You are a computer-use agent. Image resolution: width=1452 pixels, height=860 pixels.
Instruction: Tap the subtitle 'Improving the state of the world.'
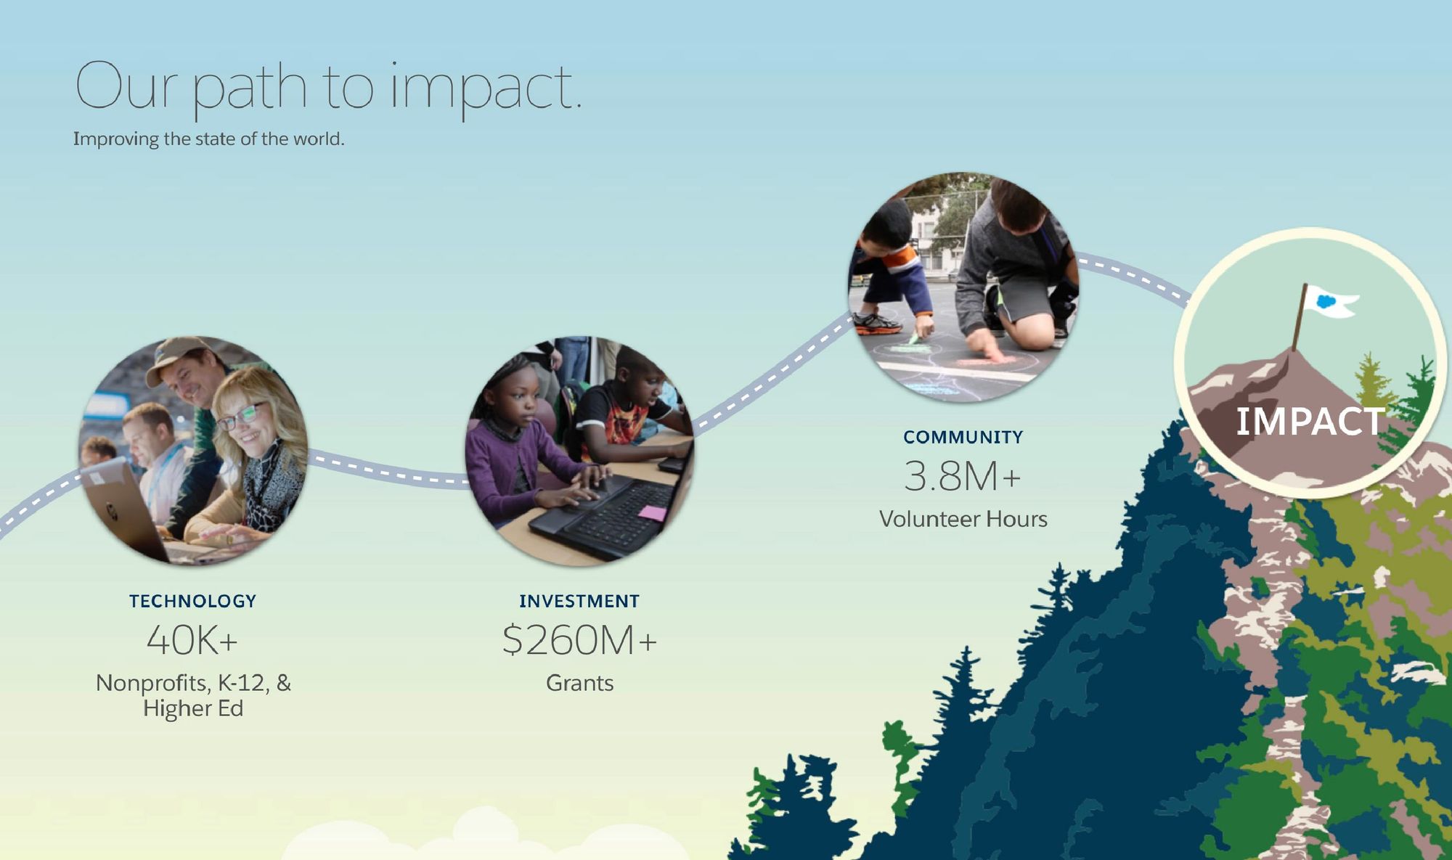pyautogui.click(x=208, y=139)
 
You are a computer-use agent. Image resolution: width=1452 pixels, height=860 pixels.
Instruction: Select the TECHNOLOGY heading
pyautogui.click(x=193, y=601)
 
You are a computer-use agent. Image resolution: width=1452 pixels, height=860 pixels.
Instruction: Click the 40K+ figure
pyautogui.click(x=192, y=640)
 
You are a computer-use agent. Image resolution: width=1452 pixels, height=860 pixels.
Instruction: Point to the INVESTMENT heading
pyautogui.click(x=579, y=601)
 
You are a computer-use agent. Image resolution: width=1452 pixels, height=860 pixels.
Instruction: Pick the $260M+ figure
pyautogui.click(x=579, y=640)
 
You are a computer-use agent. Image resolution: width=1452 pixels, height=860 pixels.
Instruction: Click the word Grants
pyautogui.click(x=580, y=683)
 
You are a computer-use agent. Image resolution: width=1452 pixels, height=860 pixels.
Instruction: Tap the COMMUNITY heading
pyautogui.click(x=963, y=437)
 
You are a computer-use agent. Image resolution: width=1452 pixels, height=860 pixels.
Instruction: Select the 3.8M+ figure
pyautogui.click(x=963, y=476)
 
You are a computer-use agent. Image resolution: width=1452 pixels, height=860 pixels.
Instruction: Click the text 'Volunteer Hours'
pyautogui.click(x=963, y=519)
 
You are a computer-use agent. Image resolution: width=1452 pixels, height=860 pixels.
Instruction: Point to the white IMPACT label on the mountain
pyautogui.click(x=1310, y=422)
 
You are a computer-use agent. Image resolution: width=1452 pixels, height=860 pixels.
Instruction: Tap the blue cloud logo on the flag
pyautogui.click(x=1326, y=300)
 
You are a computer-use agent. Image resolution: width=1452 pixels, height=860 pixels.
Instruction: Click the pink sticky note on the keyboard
pyautogui.click(x=651, y=513)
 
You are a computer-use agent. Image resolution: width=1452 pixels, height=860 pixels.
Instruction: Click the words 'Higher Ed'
pyautogui.click(x=193, y=708)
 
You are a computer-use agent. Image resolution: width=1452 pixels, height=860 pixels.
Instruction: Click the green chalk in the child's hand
pyautogui.click(x=913, y=338)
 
